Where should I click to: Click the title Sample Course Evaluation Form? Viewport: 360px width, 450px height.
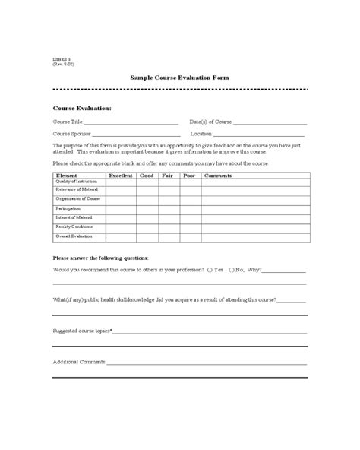click(180, 78)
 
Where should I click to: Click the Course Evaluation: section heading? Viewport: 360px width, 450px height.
click(82, 109)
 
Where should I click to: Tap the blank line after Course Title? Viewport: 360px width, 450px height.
click(131, 123)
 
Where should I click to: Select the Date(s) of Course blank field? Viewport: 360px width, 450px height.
click(270, 123)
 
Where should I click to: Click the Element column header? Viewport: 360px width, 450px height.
click(67, 176)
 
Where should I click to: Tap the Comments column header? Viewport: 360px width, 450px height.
click(219, 176)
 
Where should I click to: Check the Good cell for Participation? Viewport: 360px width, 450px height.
click(147, 208)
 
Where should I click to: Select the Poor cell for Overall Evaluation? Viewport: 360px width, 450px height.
click(189, 236)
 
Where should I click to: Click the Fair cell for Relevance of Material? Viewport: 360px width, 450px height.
click(168, 191)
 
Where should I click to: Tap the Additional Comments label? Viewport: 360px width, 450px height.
click(79, 361)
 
